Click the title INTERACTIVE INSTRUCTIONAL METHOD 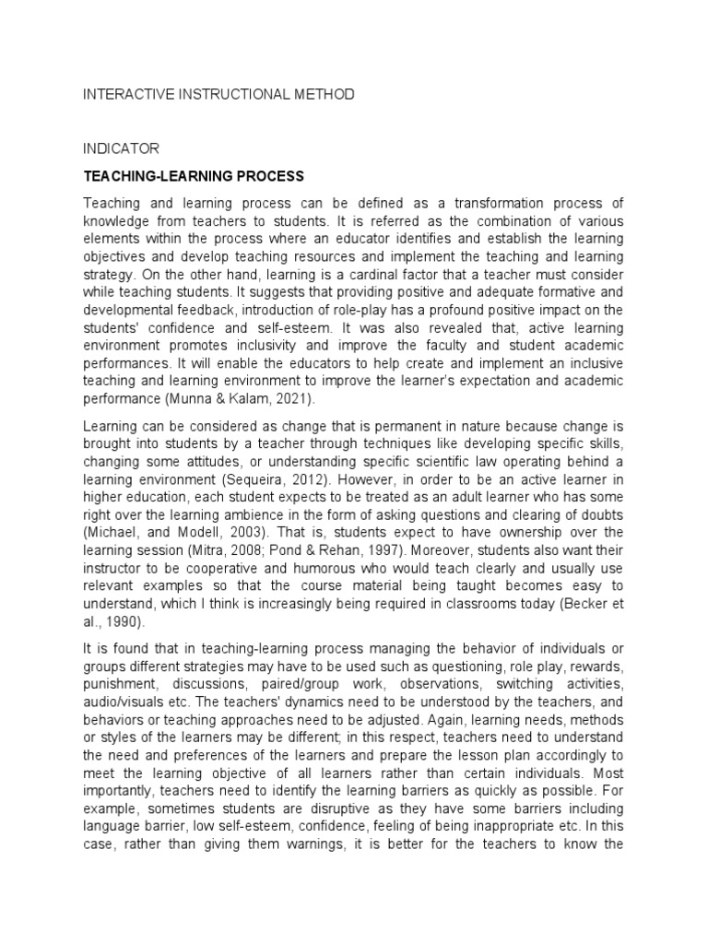[218, 94]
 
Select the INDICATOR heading [122, 147]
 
